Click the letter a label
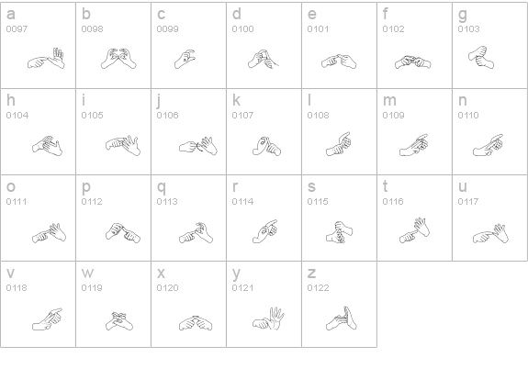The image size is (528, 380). [10, 15]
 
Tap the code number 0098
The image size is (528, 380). [92, 29]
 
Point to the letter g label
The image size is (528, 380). [463, 15]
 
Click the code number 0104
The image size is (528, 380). [17, 116]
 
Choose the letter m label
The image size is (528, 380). [389, 101]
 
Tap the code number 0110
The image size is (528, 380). [468, 116]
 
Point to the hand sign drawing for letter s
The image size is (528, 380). [339, 231]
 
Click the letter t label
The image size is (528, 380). [386, 187]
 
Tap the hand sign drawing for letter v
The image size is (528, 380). [47, 318]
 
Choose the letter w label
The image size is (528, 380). [87, 274]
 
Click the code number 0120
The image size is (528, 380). [167, 288]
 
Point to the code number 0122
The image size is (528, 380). [318, 288]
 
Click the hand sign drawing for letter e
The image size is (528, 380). [340, 61]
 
